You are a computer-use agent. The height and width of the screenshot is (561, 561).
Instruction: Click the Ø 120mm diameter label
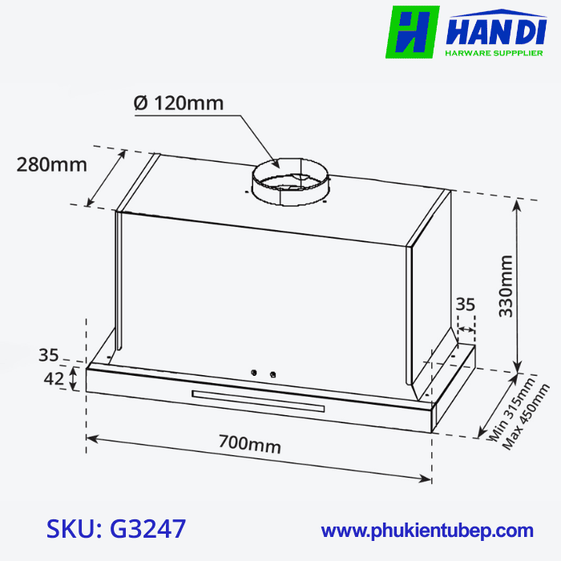(x=179, y=103)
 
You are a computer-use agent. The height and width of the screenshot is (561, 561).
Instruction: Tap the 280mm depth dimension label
(x=51, y=165)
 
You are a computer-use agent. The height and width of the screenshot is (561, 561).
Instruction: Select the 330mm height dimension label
(x=506, y=286)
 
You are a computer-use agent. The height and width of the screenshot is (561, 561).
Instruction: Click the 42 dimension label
(x=52, y=379)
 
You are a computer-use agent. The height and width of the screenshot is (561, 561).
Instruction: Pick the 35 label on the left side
(x=49, y=354)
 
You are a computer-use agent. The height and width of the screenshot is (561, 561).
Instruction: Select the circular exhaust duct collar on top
(x=290, y=184)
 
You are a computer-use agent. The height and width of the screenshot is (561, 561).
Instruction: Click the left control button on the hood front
(x=254, y=373)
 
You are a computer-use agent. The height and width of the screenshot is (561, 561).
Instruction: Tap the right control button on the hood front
(x=272, y=374)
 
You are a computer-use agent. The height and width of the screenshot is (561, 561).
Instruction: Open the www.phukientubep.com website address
(x=427, y=531)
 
